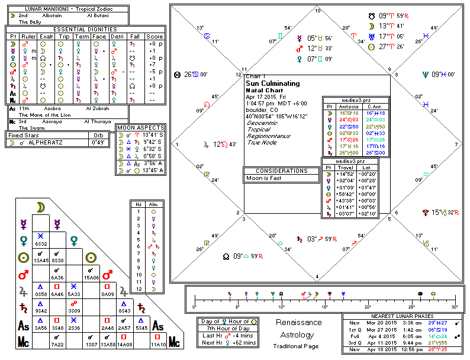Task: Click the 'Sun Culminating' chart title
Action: coord(273,83)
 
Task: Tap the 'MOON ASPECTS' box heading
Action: coord(140,127)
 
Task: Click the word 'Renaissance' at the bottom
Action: coord(299,323)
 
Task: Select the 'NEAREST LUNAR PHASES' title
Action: coord(403,316)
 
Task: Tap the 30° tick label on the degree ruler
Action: coord(454,307)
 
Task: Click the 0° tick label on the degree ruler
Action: coord(194,307)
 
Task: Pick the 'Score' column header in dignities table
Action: coord(156,36)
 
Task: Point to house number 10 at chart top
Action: coord(317,11)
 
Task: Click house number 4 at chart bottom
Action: coord(317,276)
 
